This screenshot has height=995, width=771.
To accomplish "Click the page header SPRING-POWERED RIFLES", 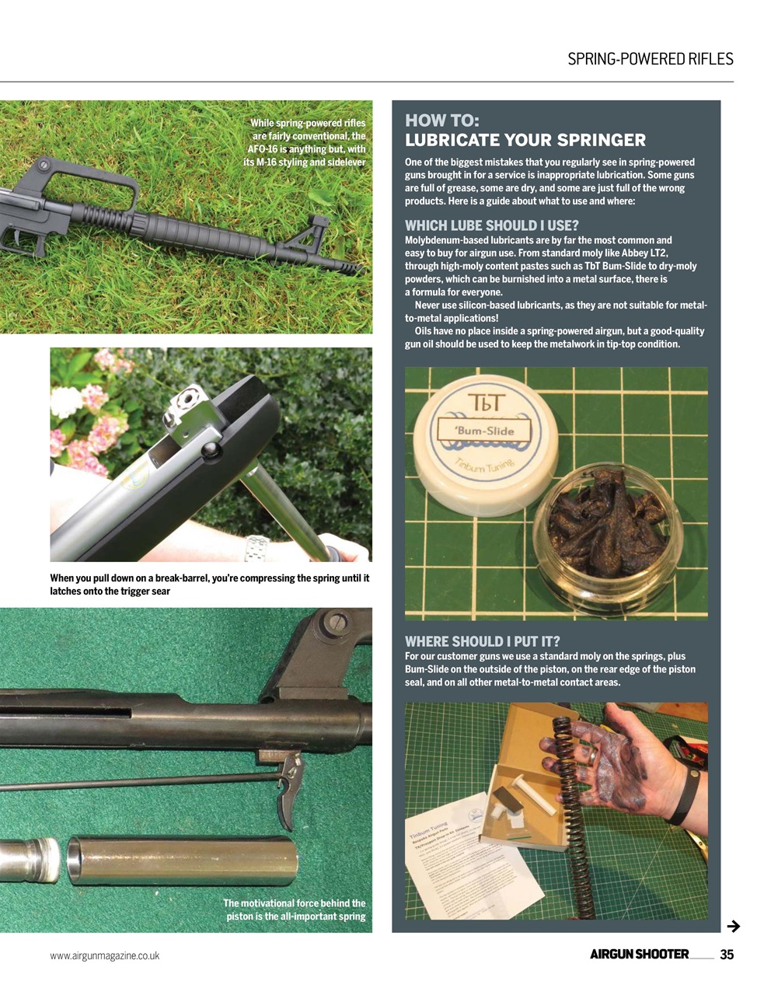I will pos(650,59).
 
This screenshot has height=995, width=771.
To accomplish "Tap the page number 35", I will pos(727,955).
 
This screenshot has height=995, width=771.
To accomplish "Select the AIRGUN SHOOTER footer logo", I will pos(639,955).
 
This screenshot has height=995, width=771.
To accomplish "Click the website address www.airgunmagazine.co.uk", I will pos(105,955).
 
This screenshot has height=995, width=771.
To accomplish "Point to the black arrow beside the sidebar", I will pos(732,926).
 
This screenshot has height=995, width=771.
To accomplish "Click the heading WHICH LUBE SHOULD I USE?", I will pos(492,226).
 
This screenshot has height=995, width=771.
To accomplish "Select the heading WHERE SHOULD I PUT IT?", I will pos(483,641).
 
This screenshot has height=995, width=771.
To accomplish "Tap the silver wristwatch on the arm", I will pos(255,548).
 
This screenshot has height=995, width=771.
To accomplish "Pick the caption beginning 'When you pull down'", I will pos(209,585).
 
